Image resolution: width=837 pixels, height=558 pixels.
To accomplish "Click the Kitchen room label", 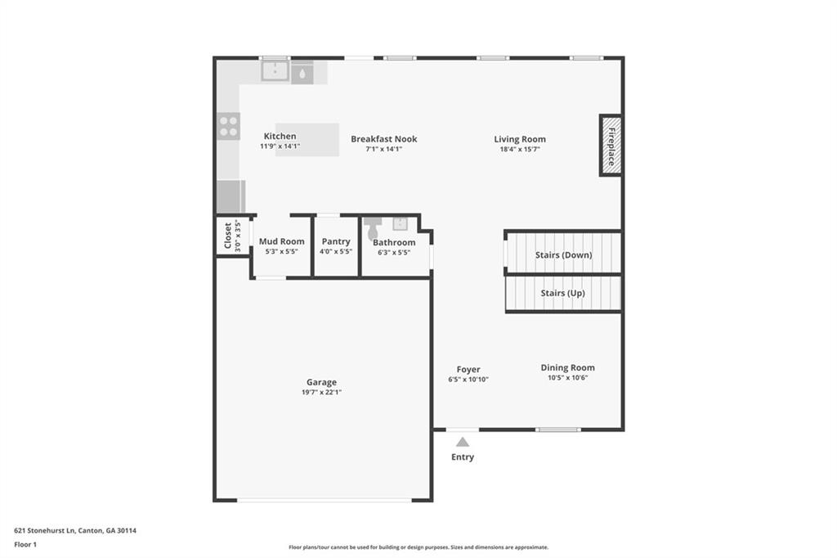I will pos(280,137).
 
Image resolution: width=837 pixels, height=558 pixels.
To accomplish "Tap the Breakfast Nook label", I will pos(383,139).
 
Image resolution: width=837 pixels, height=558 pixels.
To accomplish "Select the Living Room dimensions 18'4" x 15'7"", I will pos(520,150).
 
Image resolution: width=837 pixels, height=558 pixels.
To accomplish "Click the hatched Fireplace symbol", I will pos(611,146).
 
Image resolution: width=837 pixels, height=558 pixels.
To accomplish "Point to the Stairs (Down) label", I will pos(563,255).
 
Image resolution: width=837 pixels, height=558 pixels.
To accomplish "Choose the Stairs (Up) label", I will pos(563,293).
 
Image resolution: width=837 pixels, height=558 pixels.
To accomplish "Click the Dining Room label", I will pos(567,368).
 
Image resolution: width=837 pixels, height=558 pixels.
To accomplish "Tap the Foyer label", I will pos(468,370).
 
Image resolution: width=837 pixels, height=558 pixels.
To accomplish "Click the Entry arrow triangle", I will pos(463,442).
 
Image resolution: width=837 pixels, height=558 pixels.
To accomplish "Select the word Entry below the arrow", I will pos(463,457).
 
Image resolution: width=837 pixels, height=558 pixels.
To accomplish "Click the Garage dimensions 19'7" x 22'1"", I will pos(321,393).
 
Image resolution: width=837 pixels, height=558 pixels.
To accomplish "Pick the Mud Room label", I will pos(281,241).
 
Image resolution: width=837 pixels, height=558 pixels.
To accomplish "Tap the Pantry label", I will pos(336,241).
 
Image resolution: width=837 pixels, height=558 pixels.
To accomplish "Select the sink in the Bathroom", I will pos(400,224).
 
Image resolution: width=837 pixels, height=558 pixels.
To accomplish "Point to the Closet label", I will pos(228,236).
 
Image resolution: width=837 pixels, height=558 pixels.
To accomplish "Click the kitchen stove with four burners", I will pos(229,127).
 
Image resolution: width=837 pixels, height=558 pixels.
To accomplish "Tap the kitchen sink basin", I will pos(275,72).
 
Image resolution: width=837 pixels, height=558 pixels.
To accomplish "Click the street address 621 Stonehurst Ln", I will pos(45,530).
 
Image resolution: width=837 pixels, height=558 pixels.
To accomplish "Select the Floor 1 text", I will pos(25,544).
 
